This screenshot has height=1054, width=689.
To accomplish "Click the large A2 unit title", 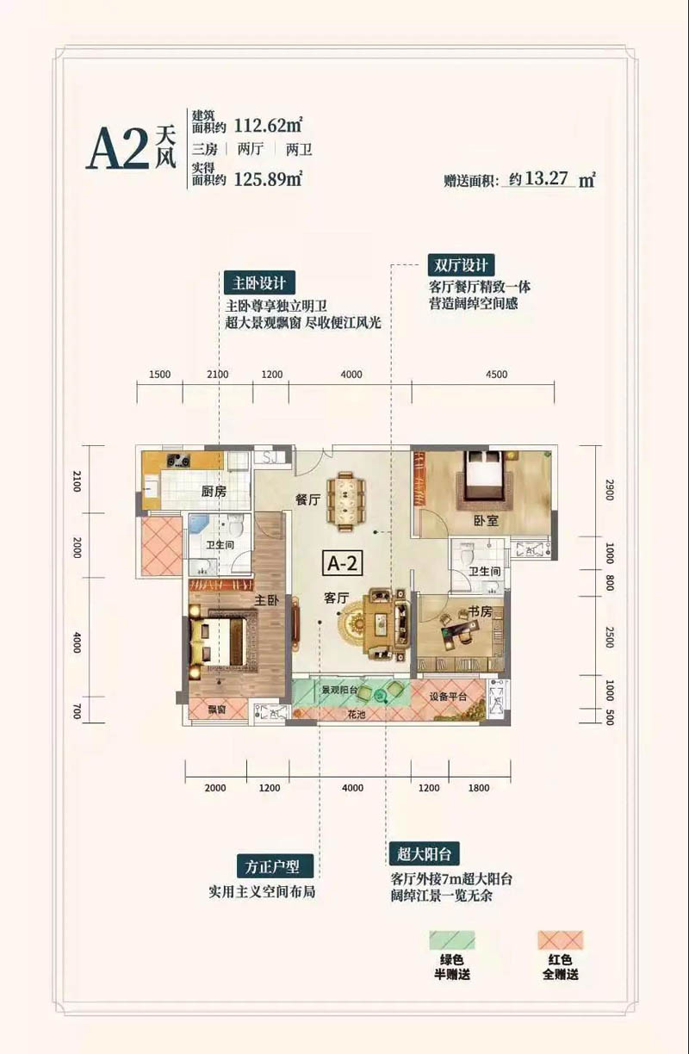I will tap(118, 152).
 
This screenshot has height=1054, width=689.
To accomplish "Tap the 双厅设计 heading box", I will tap(461, 265).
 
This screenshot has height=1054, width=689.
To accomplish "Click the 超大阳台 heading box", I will tap(424, 853).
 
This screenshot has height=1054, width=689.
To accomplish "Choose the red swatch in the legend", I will tap(559, 940).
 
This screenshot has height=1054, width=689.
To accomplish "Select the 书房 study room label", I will tap(480, 611).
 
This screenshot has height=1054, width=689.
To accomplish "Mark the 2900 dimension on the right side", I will tap(609, 492).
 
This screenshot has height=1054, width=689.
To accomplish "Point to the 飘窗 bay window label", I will tap(217, 710).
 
